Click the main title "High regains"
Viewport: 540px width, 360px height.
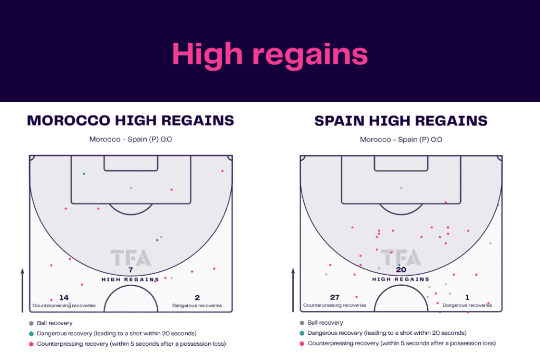point(269,54)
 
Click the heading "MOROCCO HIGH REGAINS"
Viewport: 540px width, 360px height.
point(130,121)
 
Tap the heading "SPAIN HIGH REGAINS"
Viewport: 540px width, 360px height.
point(401,121)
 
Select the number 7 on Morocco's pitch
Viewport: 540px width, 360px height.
point(130,270)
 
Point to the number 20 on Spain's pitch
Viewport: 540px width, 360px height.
point(401,270)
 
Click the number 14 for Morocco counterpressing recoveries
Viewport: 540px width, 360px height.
point(64,298)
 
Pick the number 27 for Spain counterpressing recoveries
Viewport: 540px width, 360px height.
point(334,298)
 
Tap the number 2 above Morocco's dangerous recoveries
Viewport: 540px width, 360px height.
point(197,298)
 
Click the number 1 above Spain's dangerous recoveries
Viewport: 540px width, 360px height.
point(467,298)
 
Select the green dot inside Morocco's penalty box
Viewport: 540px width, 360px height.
point(83,173)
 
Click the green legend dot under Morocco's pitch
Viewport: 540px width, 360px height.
point(31,334)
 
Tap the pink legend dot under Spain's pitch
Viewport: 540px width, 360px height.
point(302,344)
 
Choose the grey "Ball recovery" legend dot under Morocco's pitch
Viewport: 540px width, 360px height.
point(31,323)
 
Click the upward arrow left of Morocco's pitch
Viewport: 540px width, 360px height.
point(22,290)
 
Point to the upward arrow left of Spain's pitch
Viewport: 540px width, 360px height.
point(293,290)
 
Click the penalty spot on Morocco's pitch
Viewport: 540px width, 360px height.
point(131,188)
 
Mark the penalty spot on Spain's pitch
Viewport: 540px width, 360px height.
point(401,188)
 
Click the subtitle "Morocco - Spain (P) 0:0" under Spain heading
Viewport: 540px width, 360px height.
point(401,140)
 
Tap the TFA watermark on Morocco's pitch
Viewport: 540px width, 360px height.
point(130,257)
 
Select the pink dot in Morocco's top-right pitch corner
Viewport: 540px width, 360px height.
point(223,171)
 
